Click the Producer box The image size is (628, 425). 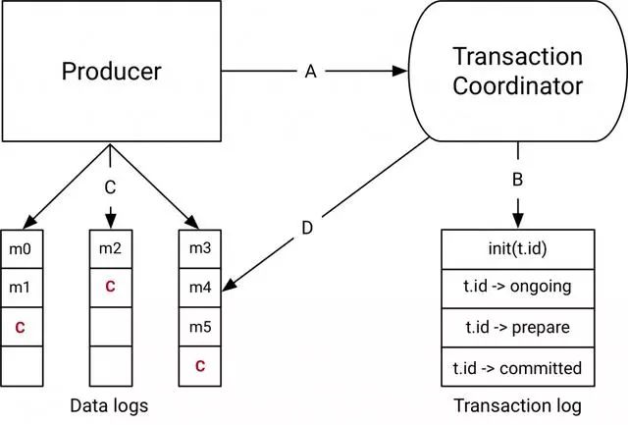point(110,73)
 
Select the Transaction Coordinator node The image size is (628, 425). point(517,72)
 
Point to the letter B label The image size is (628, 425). point(517,181)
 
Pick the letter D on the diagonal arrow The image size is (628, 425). point(306,229)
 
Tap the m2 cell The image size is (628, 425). point(110,249)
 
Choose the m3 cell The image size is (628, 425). point(199,249)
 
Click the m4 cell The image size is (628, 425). point(199,289)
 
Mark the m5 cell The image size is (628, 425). point(199,328)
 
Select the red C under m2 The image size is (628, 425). point(110,289)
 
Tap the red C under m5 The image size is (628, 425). point(199,367)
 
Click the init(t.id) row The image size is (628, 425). point(518,248)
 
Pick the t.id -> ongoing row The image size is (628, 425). point(518,288)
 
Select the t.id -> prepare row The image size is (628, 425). point(518,328)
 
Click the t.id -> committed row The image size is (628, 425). point(518,368)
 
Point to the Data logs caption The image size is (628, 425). point(110,404)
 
